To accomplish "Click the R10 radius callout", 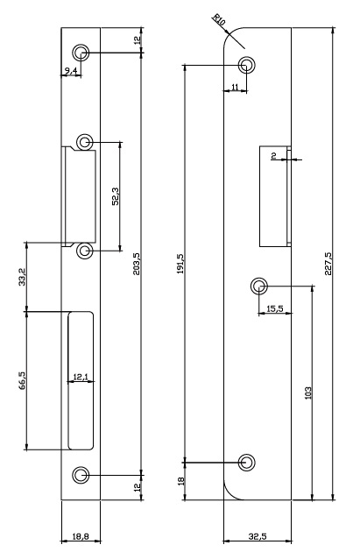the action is [x=219, y=19].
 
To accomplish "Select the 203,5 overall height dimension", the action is [x=137, y=264].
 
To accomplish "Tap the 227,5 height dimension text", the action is [x=328, y=264].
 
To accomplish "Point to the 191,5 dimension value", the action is [x=180, y=264].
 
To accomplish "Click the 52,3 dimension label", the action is [x=116, y=196].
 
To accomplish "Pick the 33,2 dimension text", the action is [x=22, y=277].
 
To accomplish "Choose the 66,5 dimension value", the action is [x=22, y=380].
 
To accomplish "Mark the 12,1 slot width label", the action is [x=81, y=377].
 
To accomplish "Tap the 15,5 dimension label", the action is [x=274, y=308].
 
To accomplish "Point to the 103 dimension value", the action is [x=308, y=393].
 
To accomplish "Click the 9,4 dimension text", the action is [x=71, y=71].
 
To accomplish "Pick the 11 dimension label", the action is [x=235, y=87].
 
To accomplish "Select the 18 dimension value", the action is [x=180, y=480].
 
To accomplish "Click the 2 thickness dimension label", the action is [x=273, y=155].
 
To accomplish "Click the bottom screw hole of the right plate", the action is [x=246, y=463].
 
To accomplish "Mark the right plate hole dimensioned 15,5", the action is [x=259, y=286].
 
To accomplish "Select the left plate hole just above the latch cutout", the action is [x=84, y=143].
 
